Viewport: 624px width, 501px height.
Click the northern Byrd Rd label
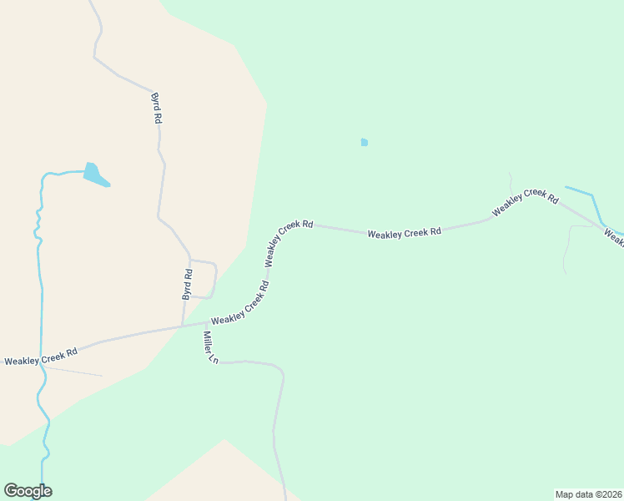[155, 108]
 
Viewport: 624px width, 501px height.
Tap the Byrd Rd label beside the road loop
[188, 284]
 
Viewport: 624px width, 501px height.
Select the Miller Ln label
[209, 347]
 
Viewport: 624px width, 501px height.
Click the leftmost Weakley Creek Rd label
[41, 357]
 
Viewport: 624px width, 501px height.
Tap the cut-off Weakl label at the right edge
[614, 239]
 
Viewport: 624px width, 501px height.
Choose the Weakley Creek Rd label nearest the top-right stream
[525, 202]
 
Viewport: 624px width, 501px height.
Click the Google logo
[28, 491]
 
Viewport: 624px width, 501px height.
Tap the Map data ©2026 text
[588, 493]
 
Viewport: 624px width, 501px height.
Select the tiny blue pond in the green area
[364, 143]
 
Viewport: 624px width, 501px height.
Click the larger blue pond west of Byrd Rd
[94, 175]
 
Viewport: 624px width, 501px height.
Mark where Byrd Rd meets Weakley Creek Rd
[183, 326]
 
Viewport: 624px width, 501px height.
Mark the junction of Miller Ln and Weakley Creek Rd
[205, 323]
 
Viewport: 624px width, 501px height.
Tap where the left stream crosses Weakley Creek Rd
[41, 359]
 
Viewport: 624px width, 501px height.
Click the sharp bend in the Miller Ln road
[281, 372]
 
